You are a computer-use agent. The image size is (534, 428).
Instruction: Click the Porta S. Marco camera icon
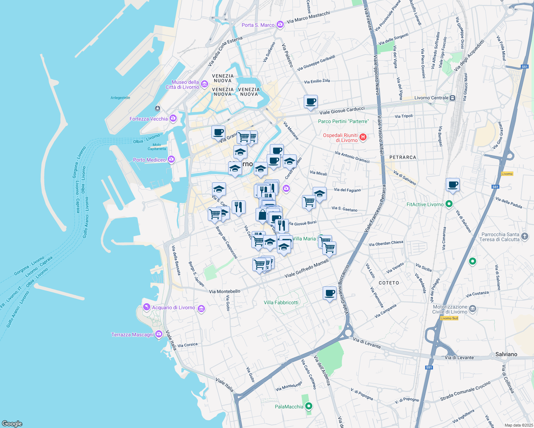click(280, 25)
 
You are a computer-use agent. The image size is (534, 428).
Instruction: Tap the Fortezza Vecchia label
click(148, 119)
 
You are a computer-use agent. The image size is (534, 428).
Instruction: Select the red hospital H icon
click(363, 137)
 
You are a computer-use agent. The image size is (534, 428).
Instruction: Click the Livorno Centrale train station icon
click(452, 98)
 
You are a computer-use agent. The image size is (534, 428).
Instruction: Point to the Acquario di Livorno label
click(173, 307)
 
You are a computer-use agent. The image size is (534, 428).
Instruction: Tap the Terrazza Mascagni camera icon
click(159, 335)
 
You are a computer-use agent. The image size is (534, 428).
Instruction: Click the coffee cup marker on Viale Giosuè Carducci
click(311, 101)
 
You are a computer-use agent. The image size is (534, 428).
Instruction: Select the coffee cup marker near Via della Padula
click(453, 185)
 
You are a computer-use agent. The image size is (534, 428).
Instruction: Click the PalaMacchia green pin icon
click(309, 406)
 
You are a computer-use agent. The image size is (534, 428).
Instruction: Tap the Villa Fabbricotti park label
click(281, 302)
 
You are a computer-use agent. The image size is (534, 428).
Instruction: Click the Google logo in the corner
click(12, 423)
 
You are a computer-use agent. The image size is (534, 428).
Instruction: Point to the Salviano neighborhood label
click(506, 354)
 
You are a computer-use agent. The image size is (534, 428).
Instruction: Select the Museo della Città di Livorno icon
click(205, 84)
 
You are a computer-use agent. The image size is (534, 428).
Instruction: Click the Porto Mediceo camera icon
click(171, 159)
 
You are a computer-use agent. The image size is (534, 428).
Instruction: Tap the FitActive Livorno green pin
click(449, 204)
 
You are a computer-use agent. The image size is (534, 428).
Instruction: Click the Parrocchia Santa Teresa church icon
click(524, 236)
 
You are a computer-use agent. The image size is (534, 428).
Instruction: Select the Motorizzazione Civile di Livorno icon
click(473, 309)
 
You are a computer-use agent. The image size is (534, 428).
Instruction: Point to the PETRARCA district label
click(403, 157)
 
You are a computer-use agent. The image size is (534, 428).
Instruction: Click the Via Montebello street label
click(225, 291)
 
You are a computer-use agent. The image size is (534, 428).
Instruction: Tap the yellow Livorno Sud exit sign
click(449, 318)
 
